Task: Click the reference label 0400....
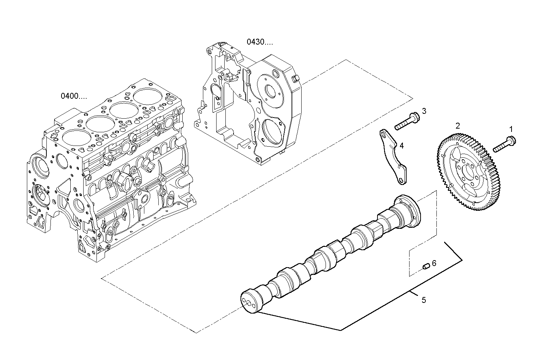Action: point(74,96)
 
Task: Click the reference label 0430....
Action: point(260,42)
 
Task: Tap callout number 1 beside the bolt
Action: point(511,129)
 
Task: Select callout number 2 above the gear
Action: point(458,126)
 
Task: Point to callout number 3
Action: point(424,111)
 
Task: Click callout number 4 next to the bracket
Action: point(401,146)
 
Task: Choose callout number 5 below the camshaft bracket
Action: point(424,300)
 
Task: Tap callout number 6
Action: point(434,263)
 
